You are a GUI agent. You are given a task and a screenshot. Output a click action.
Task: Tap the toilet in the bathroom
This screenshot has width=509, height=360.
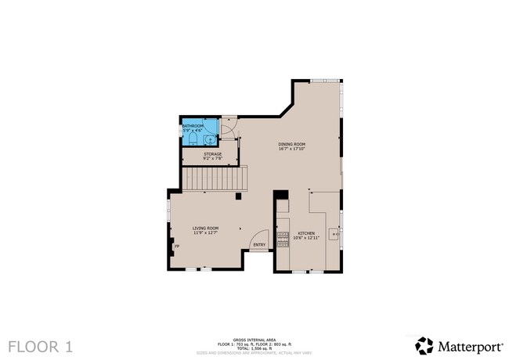(x=193, y=139)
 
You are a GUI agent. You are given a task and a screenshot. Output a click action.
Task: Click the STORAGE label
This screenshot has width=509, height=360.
(x=213, y=154)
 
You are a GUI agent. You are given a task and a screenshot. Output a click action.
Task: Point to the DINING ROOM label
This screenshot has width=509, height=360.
(x=291, y=144)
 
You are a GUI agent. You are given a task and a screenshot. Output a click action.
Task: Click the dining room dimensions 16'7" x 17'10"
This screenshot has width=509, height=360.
(x=291, y=149)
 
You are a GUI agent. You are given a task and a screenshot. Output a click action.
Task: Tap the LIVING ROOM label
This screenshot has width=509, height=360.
(x=205, y=228)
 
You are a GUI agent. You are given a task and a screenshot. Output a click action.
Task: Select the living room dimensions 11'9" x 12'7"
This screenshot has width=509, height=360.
(x=205, y=233)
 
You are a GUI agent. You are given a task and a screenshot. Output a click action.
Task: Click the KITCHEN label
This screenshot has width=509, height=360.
(x=306, y=233)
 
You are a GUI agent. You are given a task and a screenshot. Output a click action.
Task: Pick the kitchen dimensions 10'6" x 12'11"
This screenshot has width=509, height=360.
(x=306, y=239)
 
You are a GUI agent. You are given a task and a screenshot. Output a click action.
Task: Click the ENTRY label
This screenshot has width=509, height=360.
(x=259, y=245)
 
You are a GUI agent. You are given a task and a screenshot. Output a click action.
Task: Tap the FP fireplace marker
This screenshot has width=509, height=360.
(x=176, y=247)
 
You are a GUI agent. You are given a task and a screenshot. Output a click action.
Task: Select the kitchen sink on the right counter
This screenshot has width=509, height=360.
(x=335, y=234)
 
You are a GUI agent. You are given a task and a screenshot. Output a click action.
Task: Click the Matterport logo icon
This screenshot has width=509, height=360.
(x=424, y=345)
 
